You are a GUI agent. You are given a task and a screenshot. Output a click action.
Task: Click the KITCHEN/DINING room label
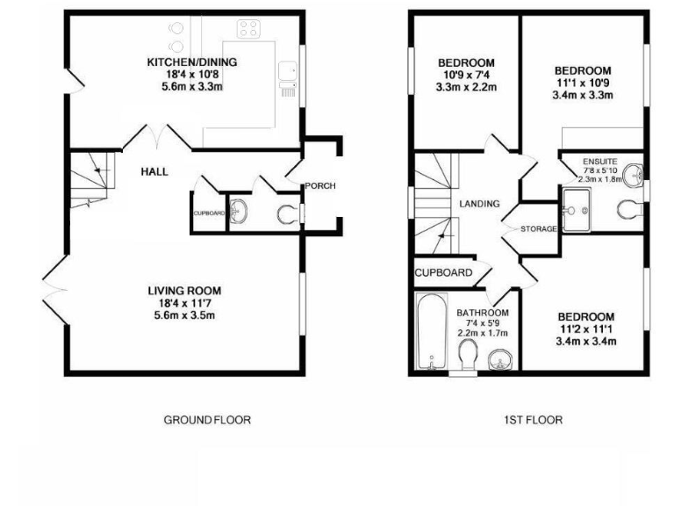[191, 62]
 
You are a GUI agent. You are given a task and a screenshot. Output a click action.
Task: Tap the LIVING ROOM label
[184, 290]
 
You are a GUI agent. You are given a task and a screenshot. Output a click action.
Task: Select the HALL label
[154, 172]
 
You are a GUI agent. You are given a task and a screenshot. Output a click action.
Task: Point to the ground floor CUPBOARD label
[209, 213]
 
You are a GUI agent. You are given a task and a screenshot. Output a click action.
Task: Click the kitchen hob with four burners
[247, 28]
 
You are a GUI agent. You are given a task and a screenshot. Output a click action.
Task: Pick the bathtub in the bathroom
[430, 333]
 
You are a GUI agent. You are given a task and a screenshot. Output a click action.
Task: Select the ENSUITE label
[600, 163]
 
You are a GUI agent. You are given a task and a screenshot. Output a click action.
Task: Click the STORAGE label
[538, 229]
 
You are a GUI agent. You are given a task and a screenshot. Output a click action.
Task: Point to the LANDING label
[479, 204]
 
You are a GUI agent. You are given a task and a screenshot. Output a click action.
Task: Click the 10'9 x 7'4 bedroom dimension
[466, 76]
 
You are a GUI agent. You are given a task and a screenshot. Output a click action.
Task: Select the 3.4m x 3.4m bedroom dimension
[584, 341]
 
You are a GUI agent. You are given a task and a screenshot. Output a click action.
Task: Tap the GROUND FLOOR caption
[207, 420]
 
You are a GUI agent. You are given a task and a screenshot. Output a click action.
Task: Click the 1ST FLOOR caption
[533, 420]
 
